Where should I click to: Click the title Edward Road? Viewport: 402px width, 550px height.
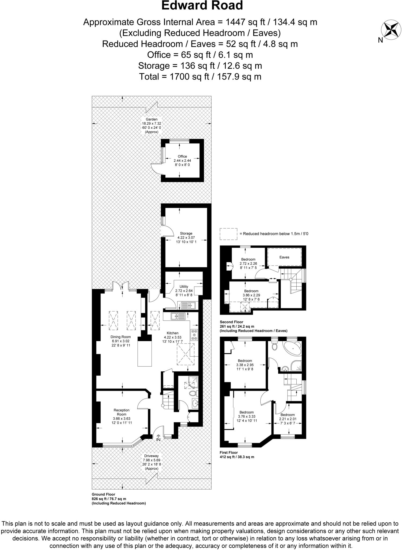(x=202, y=6)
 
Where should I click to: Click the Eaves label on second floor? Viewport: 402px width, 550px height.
(x=284, y=257)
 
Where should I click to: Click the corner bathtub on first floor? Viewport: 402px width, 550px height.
(x=293, y=349)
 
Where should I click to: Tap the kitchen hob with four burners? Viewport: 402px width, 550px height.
(x=194, y=335)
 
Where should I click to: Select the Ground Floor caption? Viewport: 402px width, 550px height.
(x=103, y=494)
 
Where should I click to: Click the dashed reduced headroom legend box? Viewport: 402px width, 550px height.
(x=228, y=234)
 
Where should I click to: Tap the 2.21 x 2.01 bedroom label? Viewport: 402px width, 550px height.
(x=287, y=419)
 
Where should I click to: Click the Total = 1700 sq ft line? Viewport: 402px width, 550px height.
(x=200, y=77)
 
